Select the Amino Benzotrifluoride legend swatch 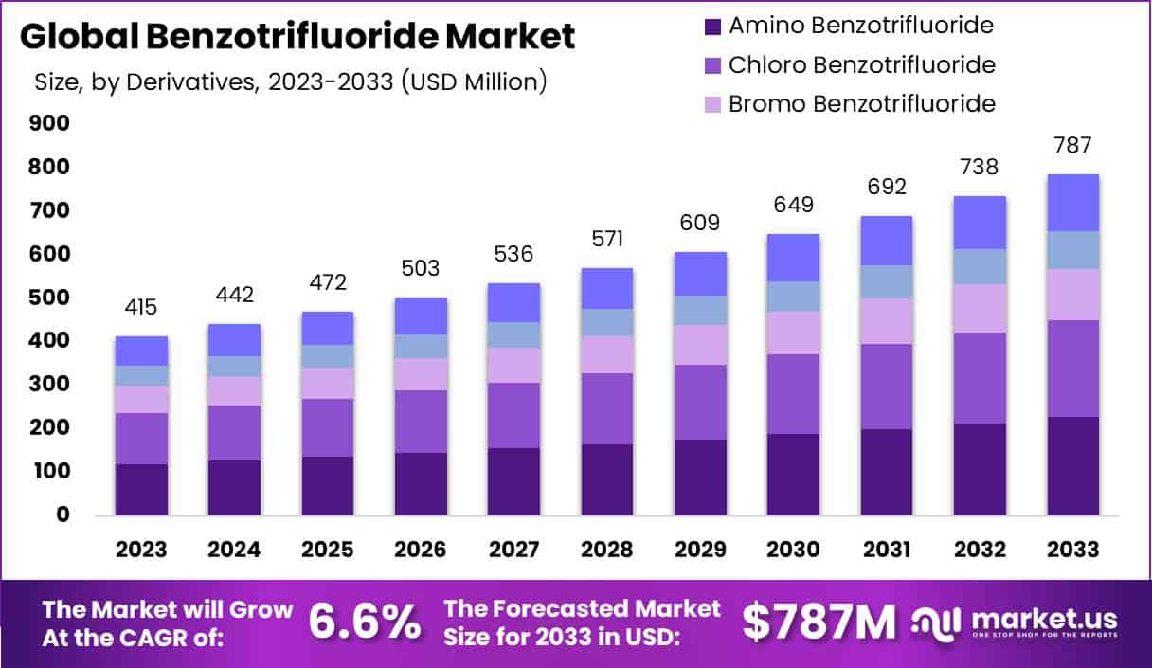click(x=712, y=27)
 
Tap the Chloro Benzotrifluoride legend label click(x=861, y=65)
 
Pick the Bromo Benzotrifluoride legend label click(x=861, y=103)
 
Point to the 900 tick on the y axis click(x=49, y=123)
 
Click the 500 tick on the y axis click(x=49, y=298)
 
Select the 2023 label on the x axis click(x=141, y=550)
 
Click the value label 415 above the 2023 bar click(x=141, y=308)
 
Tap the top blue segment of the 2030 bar click(x=793, y=258)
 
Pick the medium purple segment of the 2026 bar click(x=420, y=422)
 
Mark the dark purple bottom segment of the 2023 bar click(x=141, y=489)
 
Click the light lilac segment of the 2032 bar click(x=979, y=308)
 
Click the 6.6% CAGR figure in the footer click(x=365, y=622)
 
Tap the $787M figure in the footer click(x=819, y=622)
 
